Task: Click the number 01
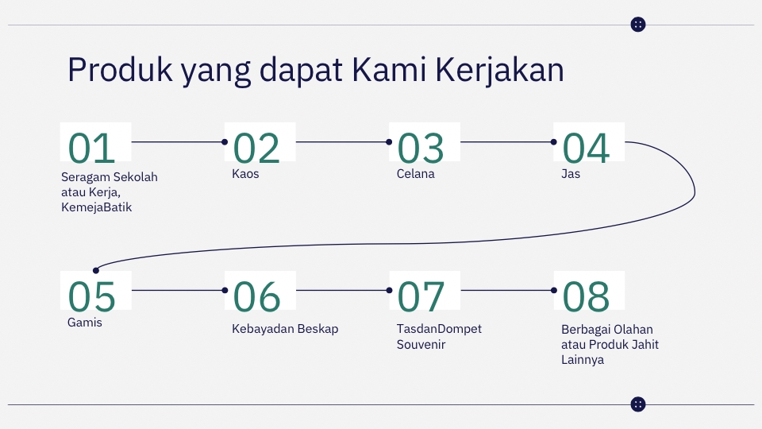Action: (92, 148)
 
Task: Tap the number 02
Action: (256, 148)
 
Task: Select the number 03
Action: (421, 148)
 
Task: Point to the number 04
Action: (587, 148)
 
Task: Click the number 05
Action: (92, 296)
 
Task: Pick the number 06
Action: (256, 296)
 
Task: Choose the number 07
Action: (421, 296)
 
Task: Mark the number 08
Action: (587, 296)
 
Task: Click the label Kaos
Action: (245, 174)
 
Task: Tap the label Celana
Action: (416, 174)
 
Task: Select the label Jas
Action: (571, 174)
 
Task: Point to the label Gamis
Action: (85, 323)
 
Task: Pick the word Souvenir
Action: (421, 345)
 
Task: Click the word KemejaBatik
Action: (96, 208)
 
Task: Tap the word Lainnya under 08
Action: (583, 360)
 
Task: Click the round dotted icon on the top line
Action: (638, 25)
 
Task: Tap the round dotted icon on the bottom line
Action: (638, 404)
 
